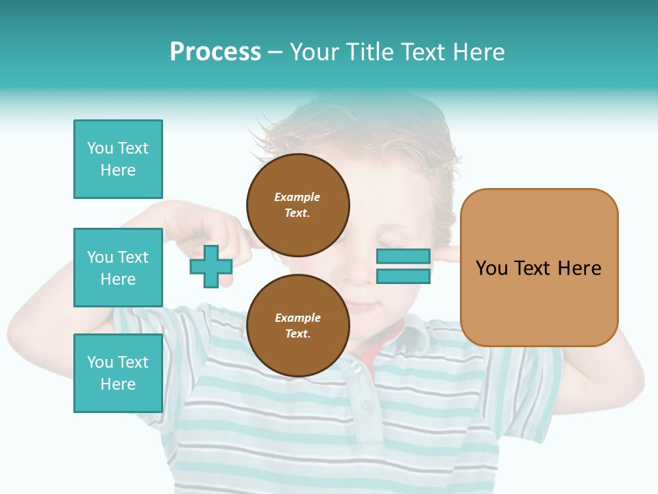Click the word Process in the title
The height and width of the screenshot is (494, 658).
pyautogui.click(x=215, y=52)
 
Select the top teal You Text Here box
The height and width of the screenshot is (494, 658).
pyautogui.click(x=118, y=159)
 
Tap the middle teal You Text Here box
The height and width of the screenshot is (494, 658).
pyautogui.click(x=118, y=268)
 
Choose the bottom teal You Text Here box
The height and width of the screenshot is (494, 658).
pyautogui.click(x=118, y=373)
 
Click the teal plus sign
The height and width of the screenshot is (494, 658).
pyautogui.click(x=210, y=267)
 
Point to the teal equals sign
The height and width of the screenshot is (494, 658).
pyautogui.click(x=403, y=266)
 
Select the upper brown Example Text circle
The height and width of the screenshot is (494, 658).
pyautogui.click(x=297, y=204)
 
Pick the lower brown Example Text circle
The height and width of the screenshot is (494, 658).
pyautogui.click(x=297, y=325)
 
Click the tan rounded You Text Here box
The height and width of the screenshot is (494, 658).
pyautogui.click(x=539, y=268)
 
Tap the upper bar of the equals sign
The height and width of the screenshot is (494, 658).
pyautogui.click(x=403, y=257)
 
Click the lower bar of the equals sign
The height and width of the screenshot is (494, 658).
pyautogui.click(x=403, y=277)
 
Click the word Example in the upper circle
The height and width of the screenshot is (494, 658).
pyautogui.click(x=297, y=197)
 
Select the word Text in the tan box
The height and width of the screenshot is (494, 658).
pyautogui.click(x=533, y=268)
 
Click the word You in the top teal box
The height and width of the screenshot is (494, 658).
pyautogui.click(x=99, y=148)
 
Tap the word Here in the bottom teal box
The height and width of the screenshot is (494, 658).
pyautogui.click(x=118, y=384)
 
